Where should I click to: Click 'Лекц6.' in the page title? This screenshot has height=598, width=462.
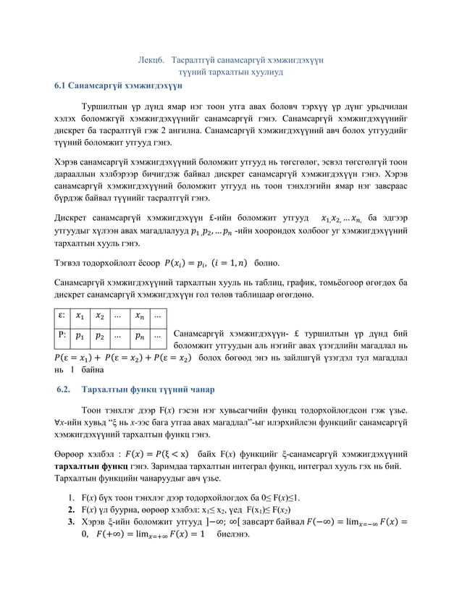pyautogui.click(x=153, y=60)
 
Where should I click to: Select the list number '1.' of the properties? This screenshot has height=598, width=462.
pyautogui.click(x=70, y=498)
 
